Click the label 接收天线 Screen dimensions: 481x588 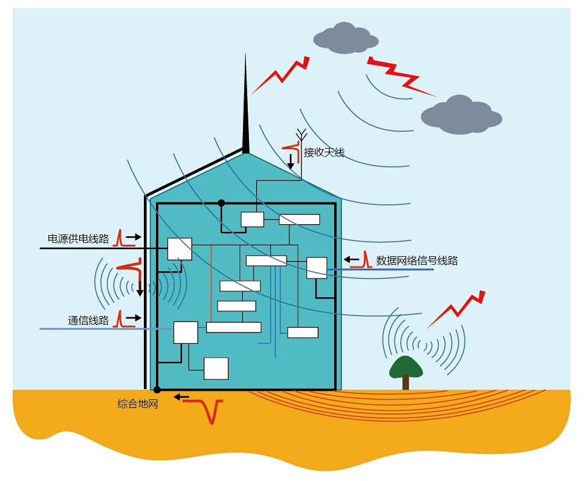click(324, 152)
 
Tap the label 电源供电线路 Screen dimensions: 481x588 click(79, 239)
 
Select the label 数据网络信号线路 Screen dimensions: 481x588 click(417, 260)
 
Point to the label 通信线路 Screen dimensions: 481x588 click(88, 320)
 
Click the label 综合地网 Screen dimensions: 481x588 click(138, 404)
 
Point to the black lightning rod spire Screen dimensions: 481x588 click(245, 109)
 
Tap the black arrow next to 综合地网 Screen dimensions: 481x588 click(180, 397)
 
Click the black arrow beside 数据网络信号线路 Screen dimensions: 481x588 click(351, 260)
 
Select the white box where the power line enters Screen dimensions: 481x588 click(179, 249)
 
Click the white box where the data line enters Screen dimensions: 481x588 click(317, 268)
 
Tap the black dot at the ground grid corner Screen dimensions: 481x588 click(157, 390)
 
